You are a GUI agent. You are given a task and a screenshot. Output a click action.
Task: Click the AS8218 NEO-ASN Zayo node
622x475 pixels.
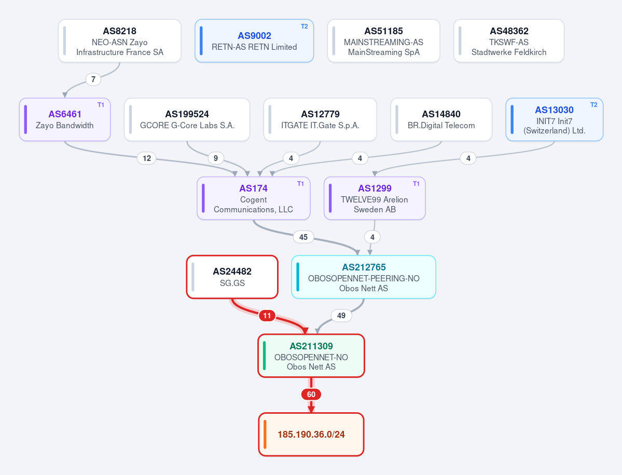(119, 41)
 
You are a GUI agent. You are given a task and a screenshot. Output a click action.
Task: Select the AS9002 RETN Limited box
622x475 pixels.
(254, 41)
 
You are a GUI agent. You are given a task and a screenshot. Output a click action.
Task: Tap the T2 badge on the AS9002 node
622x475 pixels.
(305, 26)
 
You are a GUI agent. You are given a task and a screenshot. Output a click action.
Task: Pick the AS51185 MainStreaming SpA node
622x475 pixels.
(383, 41)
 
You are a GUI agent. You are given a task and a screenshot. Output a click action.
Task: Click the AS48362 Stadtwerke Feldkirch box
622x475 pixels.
(509, 41)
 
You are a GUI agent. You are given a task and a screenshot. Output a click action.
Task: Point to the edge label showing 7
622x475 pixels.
(93, 79)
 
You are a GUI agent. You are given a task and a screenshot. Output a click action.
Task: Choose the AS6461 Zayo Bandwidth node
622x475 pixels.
(65, 119)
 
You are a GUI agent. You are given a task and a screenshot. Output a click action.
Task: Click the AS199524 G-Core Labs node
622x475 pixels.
(187, 119)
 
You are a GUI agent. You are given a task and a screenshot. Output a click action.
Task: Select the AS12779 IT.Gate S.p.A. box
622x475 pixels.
(320, 119)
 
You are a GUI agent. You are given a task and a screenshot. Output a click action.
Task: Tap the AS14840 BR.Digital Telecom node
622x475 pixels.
(441, 119)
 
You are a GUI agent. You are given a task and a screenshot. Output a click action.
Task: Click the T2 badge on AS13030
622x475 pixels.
(594, 105)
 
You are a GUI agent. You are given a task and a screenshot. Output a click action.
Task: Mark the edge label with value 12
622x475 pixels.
(147, 158)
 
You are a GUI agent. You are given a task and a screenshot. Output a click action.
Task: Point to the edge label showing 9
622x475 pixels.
(216, 158)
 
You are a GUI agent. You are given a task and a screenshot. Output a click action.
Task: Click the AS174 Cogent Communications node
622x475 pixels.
(254, 198)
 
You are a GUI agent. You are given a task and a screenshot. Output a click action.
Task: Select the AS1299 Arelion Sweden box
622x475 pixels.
(375, 198)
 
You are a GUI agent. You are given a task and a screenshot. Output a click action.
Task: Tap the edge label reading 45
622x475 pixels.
(303, 237)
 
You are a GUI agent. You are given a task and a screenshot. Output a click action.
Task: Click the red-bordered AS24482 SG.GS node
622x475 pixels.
(232, 277)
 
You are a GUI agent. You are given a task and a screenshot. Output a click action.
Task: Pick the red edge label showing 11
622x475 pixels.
(267, 316)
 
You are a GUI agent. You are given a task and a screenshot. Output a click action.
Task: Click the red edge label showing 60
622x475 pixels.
(311, 395)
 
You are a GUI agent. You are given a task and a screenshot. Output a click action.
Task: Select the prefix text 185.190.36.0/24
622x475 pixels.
(311, 435)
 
